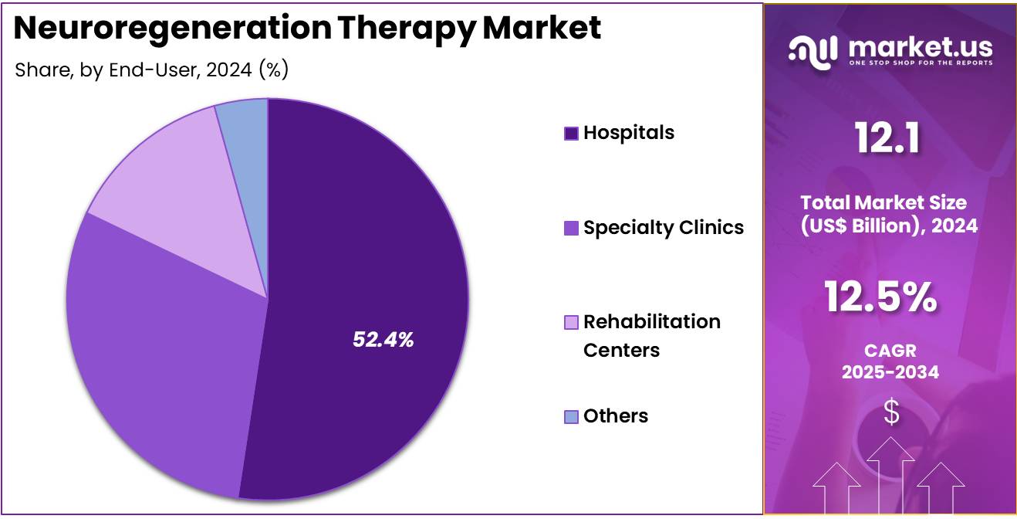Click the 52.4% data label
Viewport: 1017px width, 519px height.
383,339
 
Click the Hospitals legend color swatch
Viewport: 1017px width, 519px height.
571,134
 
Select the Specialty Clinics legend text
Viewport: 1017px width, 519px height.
663,227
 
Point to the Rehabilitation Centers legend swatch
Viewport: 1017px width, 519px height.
571,322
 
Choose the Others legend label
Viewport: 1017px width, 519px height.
615,416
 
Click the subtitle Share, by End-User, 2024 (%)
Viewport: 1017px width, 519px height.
152,70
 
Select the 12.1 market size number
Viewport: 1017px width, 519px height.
887,140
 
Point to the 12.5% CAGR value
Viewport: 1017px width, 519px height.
880,297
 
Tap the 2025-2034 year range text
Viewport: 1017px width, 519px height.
890,372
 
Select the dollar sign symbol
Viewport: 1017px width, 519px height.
891,412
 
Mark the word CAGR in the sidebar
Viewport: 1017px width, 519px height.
890,351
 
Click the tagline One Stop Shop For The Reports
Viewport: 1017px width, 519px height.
920,63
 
